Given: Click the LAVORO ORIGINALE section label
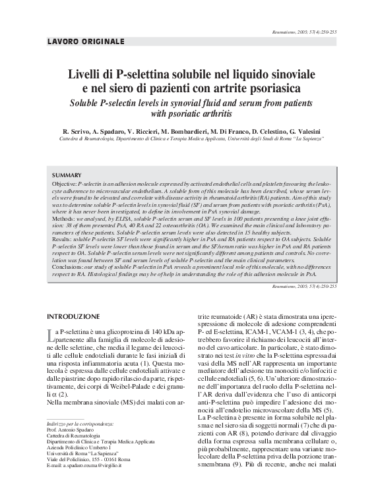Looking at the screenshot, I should click(x=86, y=42).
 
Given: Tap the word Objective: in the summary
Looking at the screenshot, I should click(x=64, y=182).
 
